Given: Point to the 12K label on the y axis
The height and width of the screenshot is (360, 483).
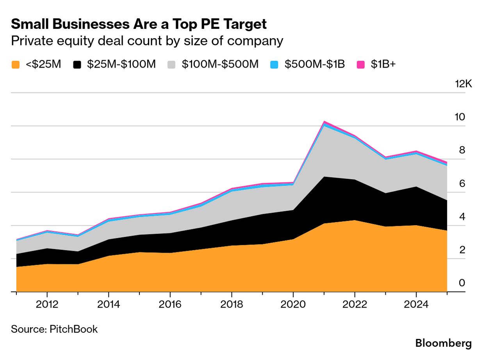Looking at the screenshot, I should pos(463,84).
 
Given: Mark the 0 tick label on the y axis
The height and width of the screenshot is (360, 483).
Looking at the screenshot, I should pos(462,283).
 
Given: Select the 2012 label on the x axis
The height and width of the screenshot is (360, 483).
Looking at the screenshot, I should pos(47,305).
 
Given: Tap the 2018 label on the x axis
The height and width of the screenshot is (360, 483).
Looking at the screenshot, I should pos(232,305).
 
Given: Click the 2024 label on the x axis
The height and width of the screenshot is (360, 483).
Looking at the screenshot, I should pos(416,305).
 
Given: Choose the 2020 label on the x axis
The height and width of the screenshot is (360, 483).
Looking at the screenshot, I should pos(293,305).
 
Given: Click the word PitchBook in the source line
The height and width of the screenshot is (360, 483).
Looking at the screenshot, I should pos(73,329).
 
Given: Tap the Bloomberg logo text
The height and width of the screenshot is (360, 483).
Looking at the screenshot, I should pos(443,344).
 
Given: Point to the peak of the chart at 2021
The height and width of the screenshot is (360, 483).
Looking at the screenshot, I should pos(324,121).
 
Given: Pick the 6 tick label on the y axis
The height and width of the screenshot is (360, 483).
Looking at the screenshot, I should pos(462,183).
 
